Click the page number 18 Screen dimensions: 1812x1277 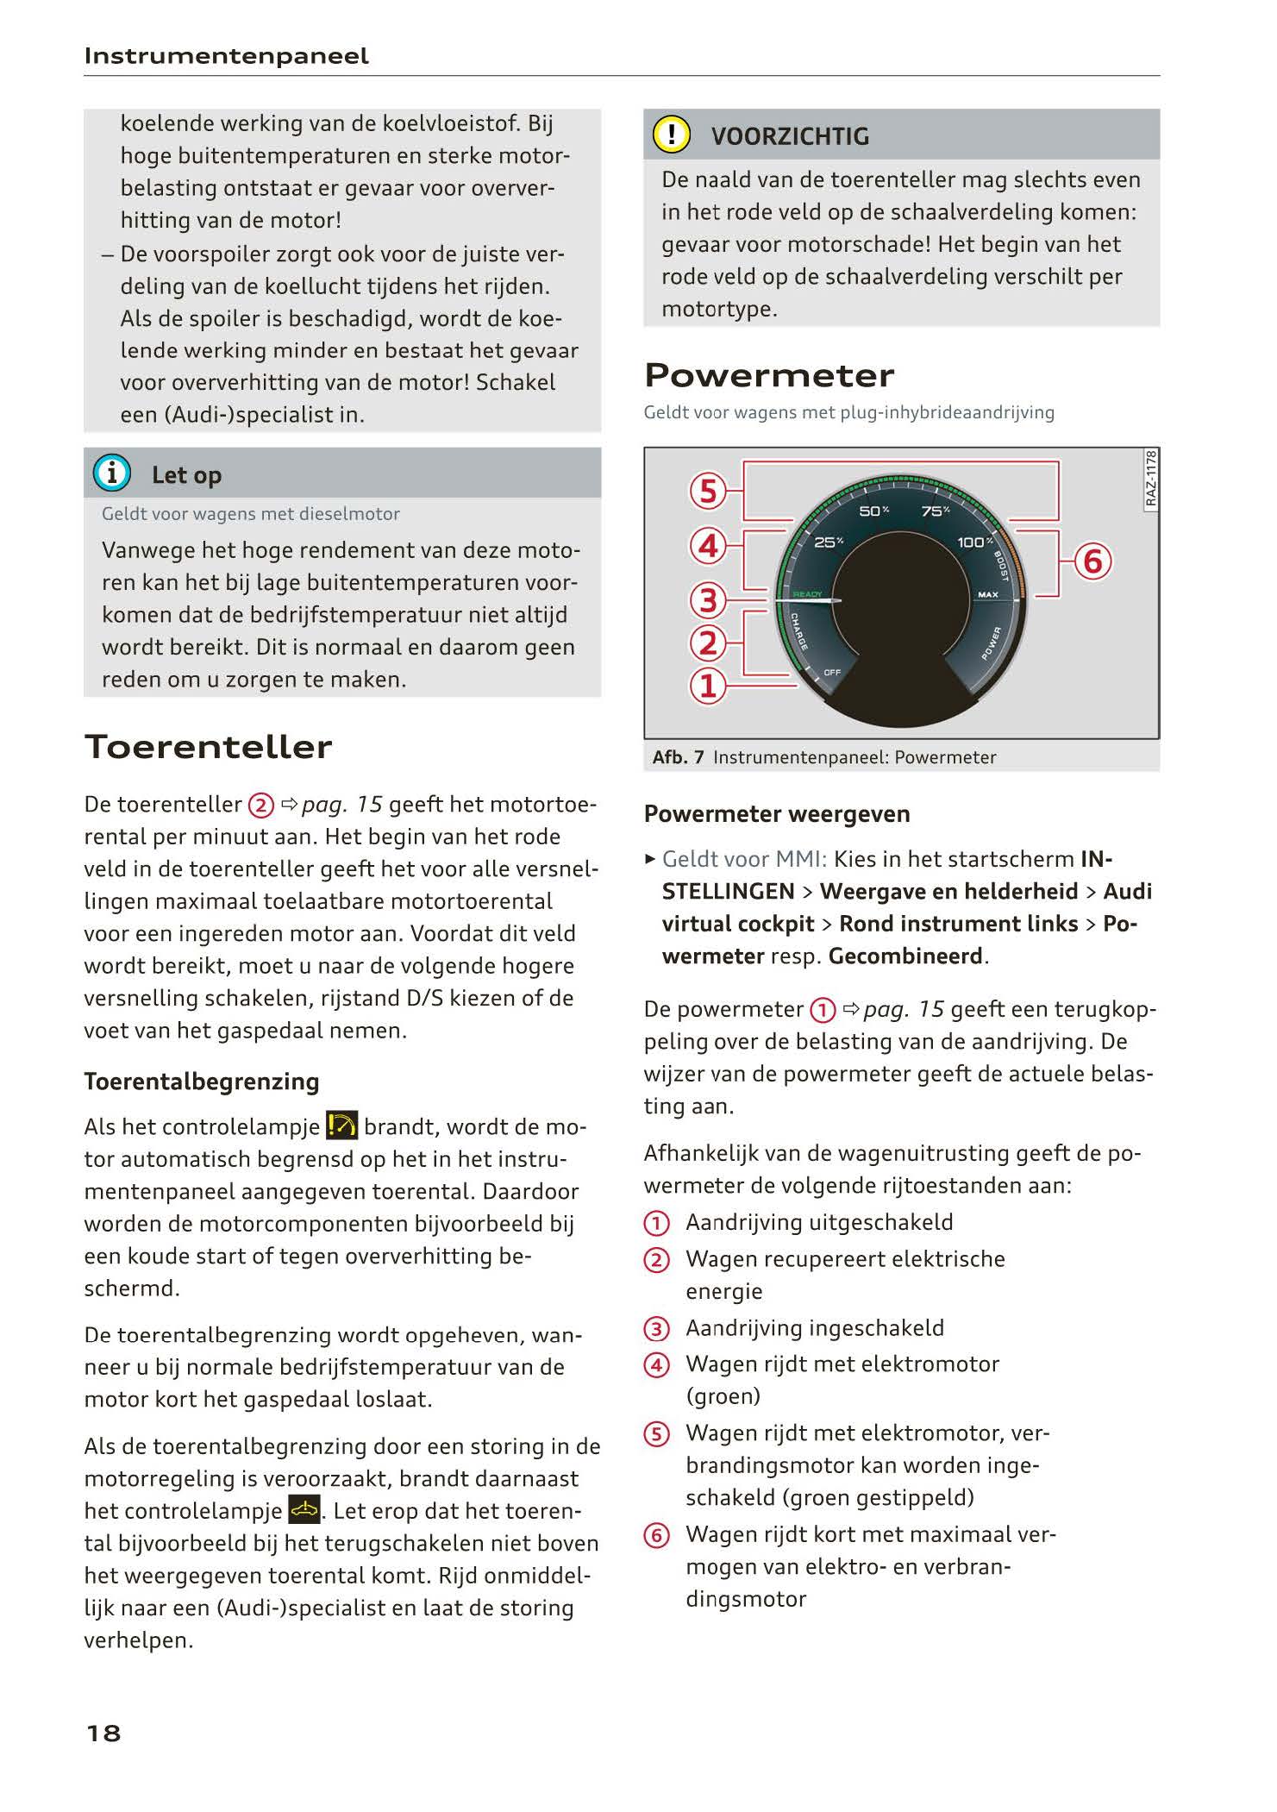(x=103, y=1733)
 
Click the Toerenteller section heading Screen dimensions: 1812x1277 (x=208, y=747)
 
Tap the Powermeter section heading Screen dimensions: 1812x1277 (x=769, y=375)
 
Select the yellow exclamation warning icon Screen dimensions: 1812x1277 (x=671, y=135)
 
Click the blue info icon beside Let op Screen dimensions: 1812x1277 (x=112, y=473)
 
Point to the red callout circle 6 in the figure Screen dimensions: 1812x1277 (x=1092, y=561)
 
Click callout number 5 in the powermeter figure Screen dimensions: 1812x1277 (x=708, y=491)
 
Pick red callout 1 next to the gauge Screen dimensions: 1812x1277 (x=708, y=686)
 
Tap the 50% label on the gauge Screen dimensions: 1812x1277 (x=873, y=511)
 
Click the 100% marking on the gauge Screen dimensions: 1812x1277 (x=974, y=542)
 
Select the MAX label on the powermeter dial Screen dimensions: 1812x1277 (x=987, y=595)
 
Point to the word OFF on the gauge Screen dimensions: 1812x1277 (x=832, y=672)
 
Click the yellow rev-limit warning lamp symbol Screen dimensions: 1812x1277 (x=342, y=1125)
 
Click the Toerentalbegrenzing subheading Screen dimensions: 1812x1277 (x=202, y=1082)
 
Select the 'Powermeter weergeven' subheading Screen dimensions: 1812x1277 (x=777, y=814)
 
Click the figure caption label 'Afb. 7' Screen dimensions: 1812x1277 (x=678, y=757)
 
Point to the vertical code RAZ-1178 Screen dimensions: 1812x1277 (x=1151, y=480)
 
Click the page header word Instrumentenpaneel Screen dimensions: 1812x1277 (x=226, y=56)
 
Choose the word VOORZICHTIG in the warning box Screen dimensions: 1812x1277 (x=790, y=136)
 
